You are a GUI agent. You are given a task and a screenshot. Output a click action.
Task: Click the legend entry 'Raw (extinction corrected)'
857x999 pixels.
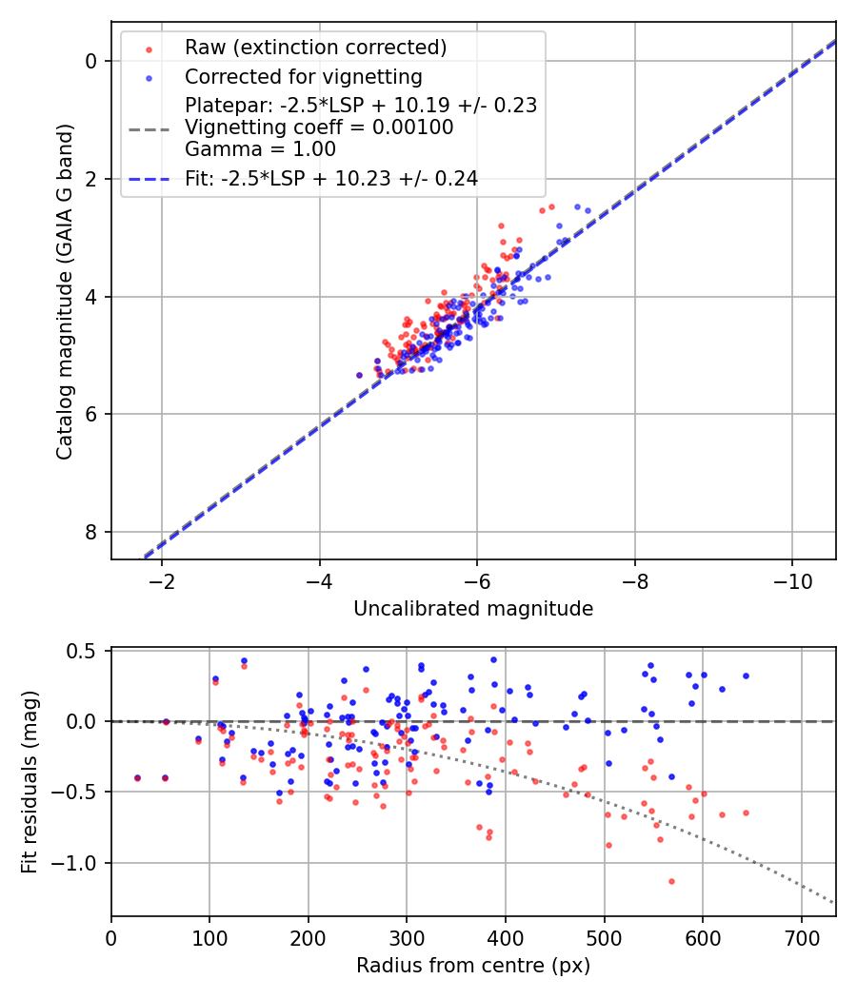pos(315,47)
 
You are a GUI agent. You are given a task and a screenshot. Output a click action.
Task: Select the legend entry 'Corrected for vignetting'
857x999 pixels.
pos(303,76)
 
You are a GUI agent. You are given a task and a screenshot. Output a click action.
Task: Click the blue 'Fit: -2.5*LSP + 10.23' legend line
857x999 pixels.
pos(149,178)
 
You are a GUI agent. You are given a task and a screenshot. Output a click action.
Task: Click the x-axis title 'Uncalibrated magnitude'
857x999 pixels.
pos(473,609)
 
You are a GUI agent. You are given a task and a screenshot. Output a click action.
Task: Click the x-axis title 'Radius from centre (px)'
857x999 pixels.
pos(473,966)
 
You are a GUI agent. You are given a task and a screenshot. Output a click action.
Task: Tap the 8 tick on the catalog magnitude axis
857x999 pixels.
pos(92,532)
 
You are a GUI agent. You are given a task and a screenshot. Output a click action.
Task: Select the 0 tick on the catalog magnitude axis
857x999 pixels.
pos(92,61)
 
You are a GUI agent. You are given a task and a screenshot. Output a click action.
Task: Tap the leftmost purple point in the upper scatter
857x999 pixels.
pos(359,375)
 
